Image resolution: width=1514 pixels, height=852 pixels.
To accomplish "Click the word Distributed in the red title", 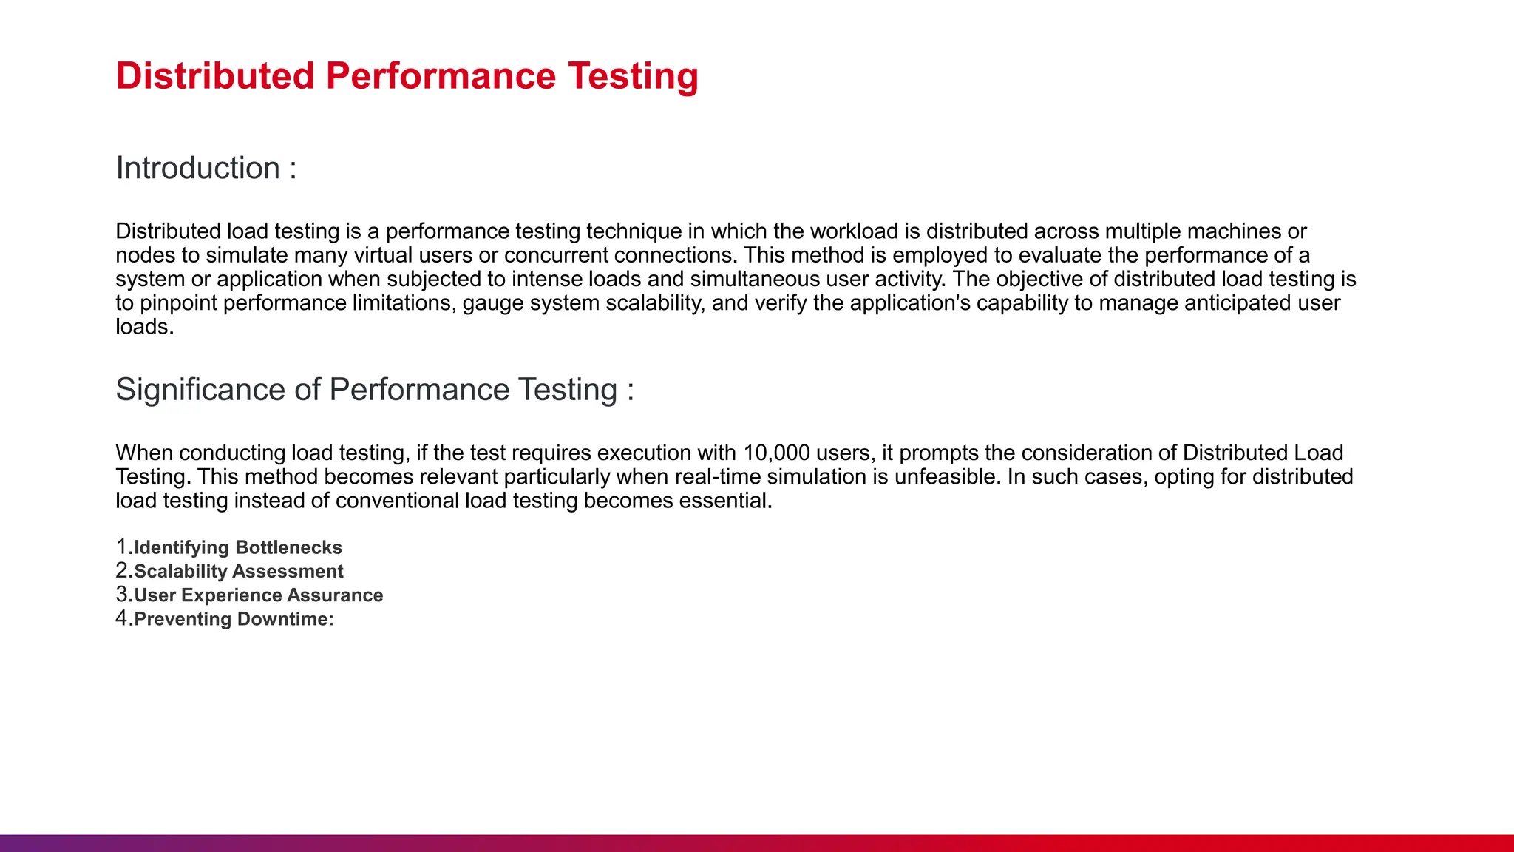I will click(215, 76).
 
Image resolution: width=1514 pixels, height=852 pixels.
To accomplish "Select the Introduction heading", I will click(197, 169).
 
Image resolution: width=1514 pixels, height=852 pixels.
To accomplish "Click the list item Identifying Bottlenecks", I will click(237, 547).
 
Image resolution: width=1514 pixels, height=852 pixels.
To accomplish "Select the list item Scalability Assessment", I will click(238, 571).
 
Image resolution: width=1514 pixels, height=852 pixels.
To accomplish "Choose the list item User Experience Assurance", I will click(258, 595).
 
